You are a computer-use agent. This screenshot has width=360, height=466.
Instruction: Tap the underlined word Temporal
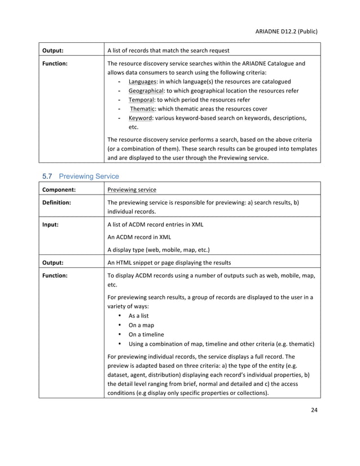pos(141,100)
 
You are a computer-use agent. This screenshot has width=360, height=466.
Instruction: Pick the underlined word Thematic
pos(143,109)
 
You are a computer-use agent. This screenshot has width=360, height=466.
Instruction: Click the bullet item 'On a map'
pos(142,326)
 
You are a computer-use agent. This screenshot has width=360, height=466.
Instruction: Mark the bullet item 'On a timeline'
pos(146,335)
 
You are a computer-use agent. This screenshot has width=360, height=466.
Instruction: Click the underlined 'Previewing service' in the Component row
pos(131,190)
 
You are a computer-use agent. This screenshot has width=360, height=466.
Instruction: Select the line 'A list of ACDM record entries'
pos(155,225)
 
